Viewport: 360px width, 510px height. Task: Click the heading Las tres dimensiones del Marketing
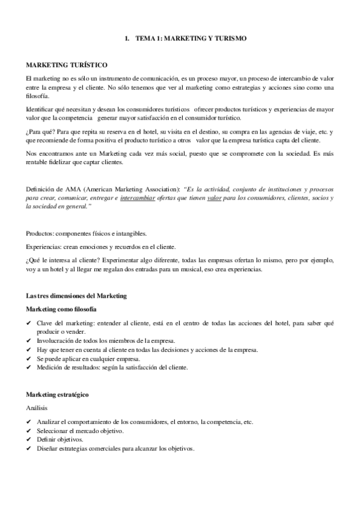76,296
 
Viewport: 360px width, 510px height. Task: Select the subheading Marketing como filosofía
61,309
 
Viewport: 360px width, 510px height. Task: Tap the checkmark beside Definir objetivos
29,439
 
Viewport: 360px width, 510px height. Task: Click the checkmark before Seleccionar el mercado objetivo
29,431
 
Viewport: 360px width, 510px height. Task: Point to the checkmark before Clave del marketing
29,323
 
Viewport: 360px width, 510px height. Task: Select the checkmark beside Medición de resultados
29,367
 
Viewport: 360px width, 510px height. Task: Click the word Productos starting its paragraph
41,233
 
